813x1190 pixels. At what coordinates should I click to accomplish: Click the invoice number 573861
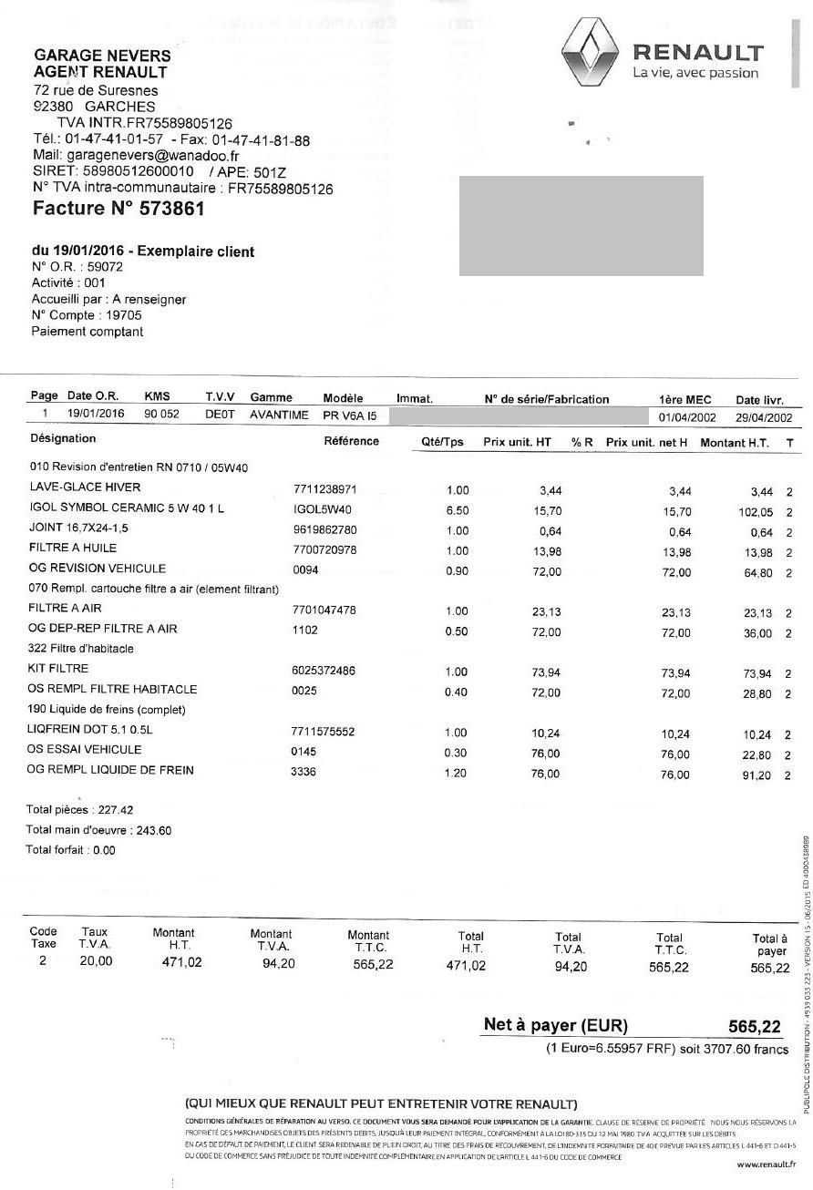click(171, 209)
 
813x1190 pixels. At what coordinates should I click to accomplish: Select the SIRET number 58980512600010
click(139, 172)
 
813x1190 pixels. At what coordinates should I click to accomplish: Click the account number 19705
click(123, 315)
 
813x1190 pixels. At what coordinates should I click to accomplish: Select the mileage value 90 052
click(162, 415)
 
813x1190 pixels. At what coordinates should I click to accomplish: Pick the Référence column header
click(351, 442)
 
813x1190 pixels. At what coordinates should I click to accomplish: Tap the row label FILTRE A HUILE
click(73, 549)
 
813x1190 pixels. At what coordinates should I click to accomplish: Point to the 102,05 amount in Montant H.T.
click(756, 512)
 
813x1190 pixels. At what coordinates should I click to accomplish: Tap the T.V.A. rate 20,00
click(96, 960)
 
